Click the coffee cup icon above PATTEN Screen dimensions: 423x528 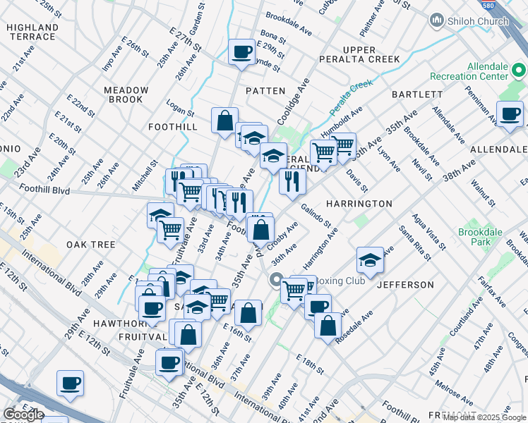tap(242, 51)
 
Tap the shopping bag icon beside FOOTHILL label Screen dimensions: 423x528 tap(224, 120)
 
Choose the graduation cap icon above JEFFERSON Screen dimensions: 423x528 tap(369, 260)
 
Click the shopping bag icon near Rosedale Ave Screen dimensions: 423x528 tap(328, 326)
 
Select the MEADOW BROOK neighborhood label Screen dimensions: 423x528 tap(126, 96)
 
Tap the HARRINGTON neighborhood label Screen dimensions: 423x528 tap(359, 204)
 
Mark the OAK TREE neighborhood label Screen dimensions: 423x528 tap(90, 245)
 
